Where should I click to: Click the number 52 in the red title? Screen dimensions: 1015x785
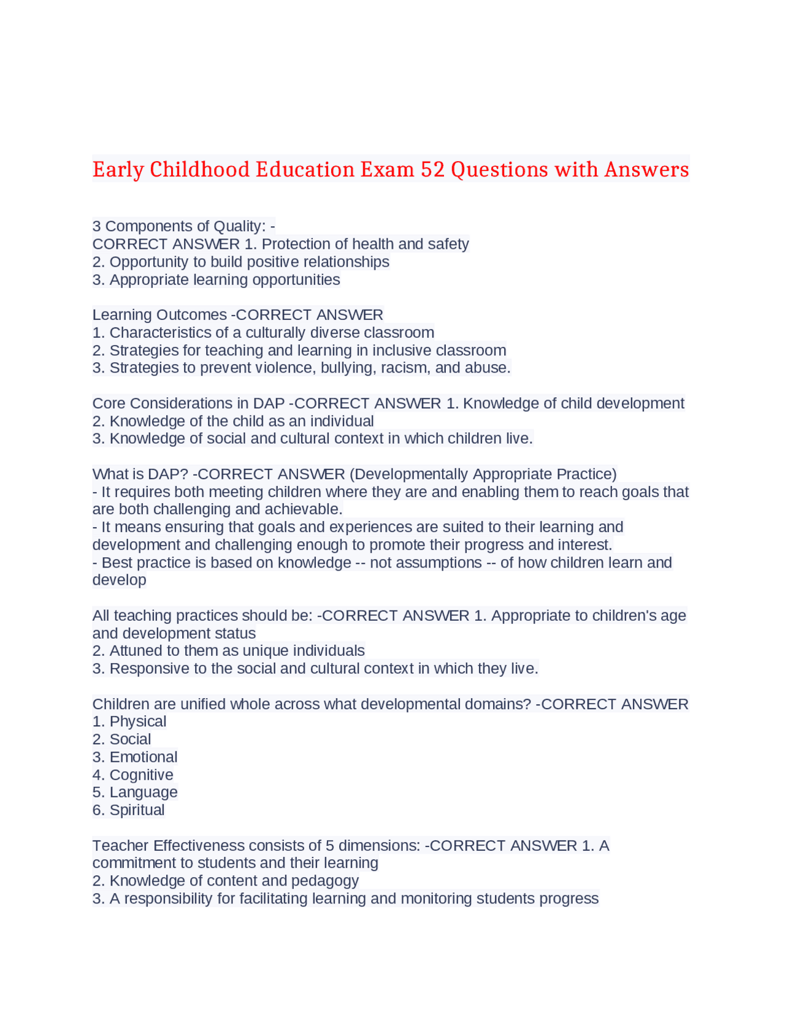pyautogui.click(x=432, y=169)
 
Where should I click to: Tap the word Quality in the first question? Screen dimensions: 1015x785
pyautogui.click(x=239, y=226)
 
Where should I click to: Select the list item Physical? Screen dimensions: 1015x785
pyautogui.click(x=137, y=721)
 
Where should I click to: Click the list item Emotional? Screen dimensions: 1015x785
pyautogui.click(x=143, y=757)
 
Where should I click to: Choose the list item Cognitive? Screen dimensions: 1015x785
pyautogui.click(x=141, y=775)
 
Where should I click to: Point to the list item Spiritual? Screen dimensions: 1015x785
pyautogui.click(x=137, y=810)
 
